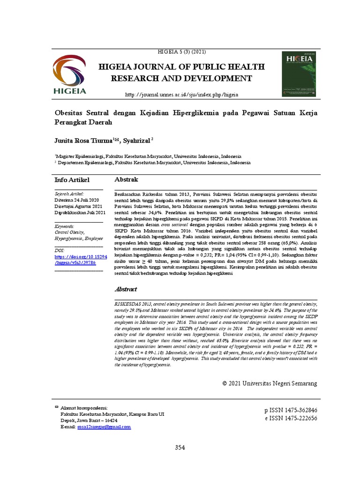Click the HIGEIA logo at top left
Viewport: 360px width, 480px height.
[69, 75]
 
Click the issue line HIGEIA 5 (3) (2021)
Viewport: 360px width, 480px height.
[180, 52]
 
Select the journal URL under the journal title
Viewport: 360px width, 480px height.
[181, 95]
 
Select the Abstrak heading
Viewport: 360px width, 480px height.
[126, 180]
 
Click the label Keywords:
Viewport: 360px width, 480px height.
[65, 226]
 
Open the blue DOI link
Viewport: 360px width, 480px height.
[81, 260]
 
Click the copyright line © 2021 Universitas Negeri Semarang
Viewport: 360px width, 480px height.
[270, 383]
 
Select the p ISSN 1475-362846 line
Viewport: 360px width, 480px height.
[291, 410]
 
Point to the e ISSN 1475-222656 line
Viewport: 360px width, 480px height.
[291, 418]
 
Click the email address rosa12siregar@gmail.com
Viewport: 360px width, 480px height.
[104, 427]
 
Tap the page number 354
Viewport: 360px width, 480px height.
[180, 448]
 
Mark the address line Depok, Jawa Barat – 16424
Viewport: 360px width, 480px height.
[89, 421]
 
